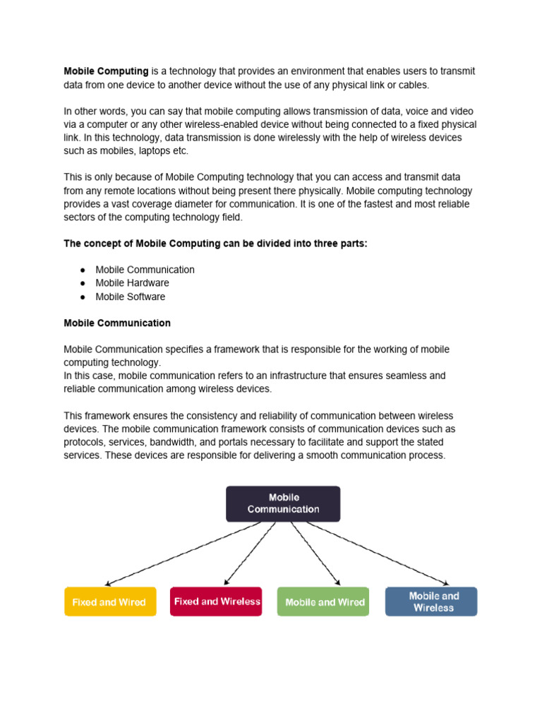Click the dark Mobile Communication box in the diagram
coord(283,503)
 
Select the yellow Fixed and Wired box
coord(109,602)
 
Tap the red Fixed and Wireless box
coord(217,602)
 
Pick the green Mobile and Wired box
coord(324,602)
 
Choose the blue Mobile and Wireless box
coord(431,602)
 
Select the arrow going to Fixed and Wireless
coord(251,554)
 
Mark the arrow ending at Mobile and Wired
coord(315,554)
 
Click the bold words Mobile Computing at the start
coord(106,71)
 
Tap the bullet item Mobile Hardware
coord(132,283)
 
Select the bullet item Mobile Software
coord(130,297)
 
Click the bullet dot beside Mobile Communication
coord(82,270)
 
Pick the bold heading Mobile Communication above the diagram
coord(117,323)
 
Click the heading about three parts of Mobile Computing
coord(215,244)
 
